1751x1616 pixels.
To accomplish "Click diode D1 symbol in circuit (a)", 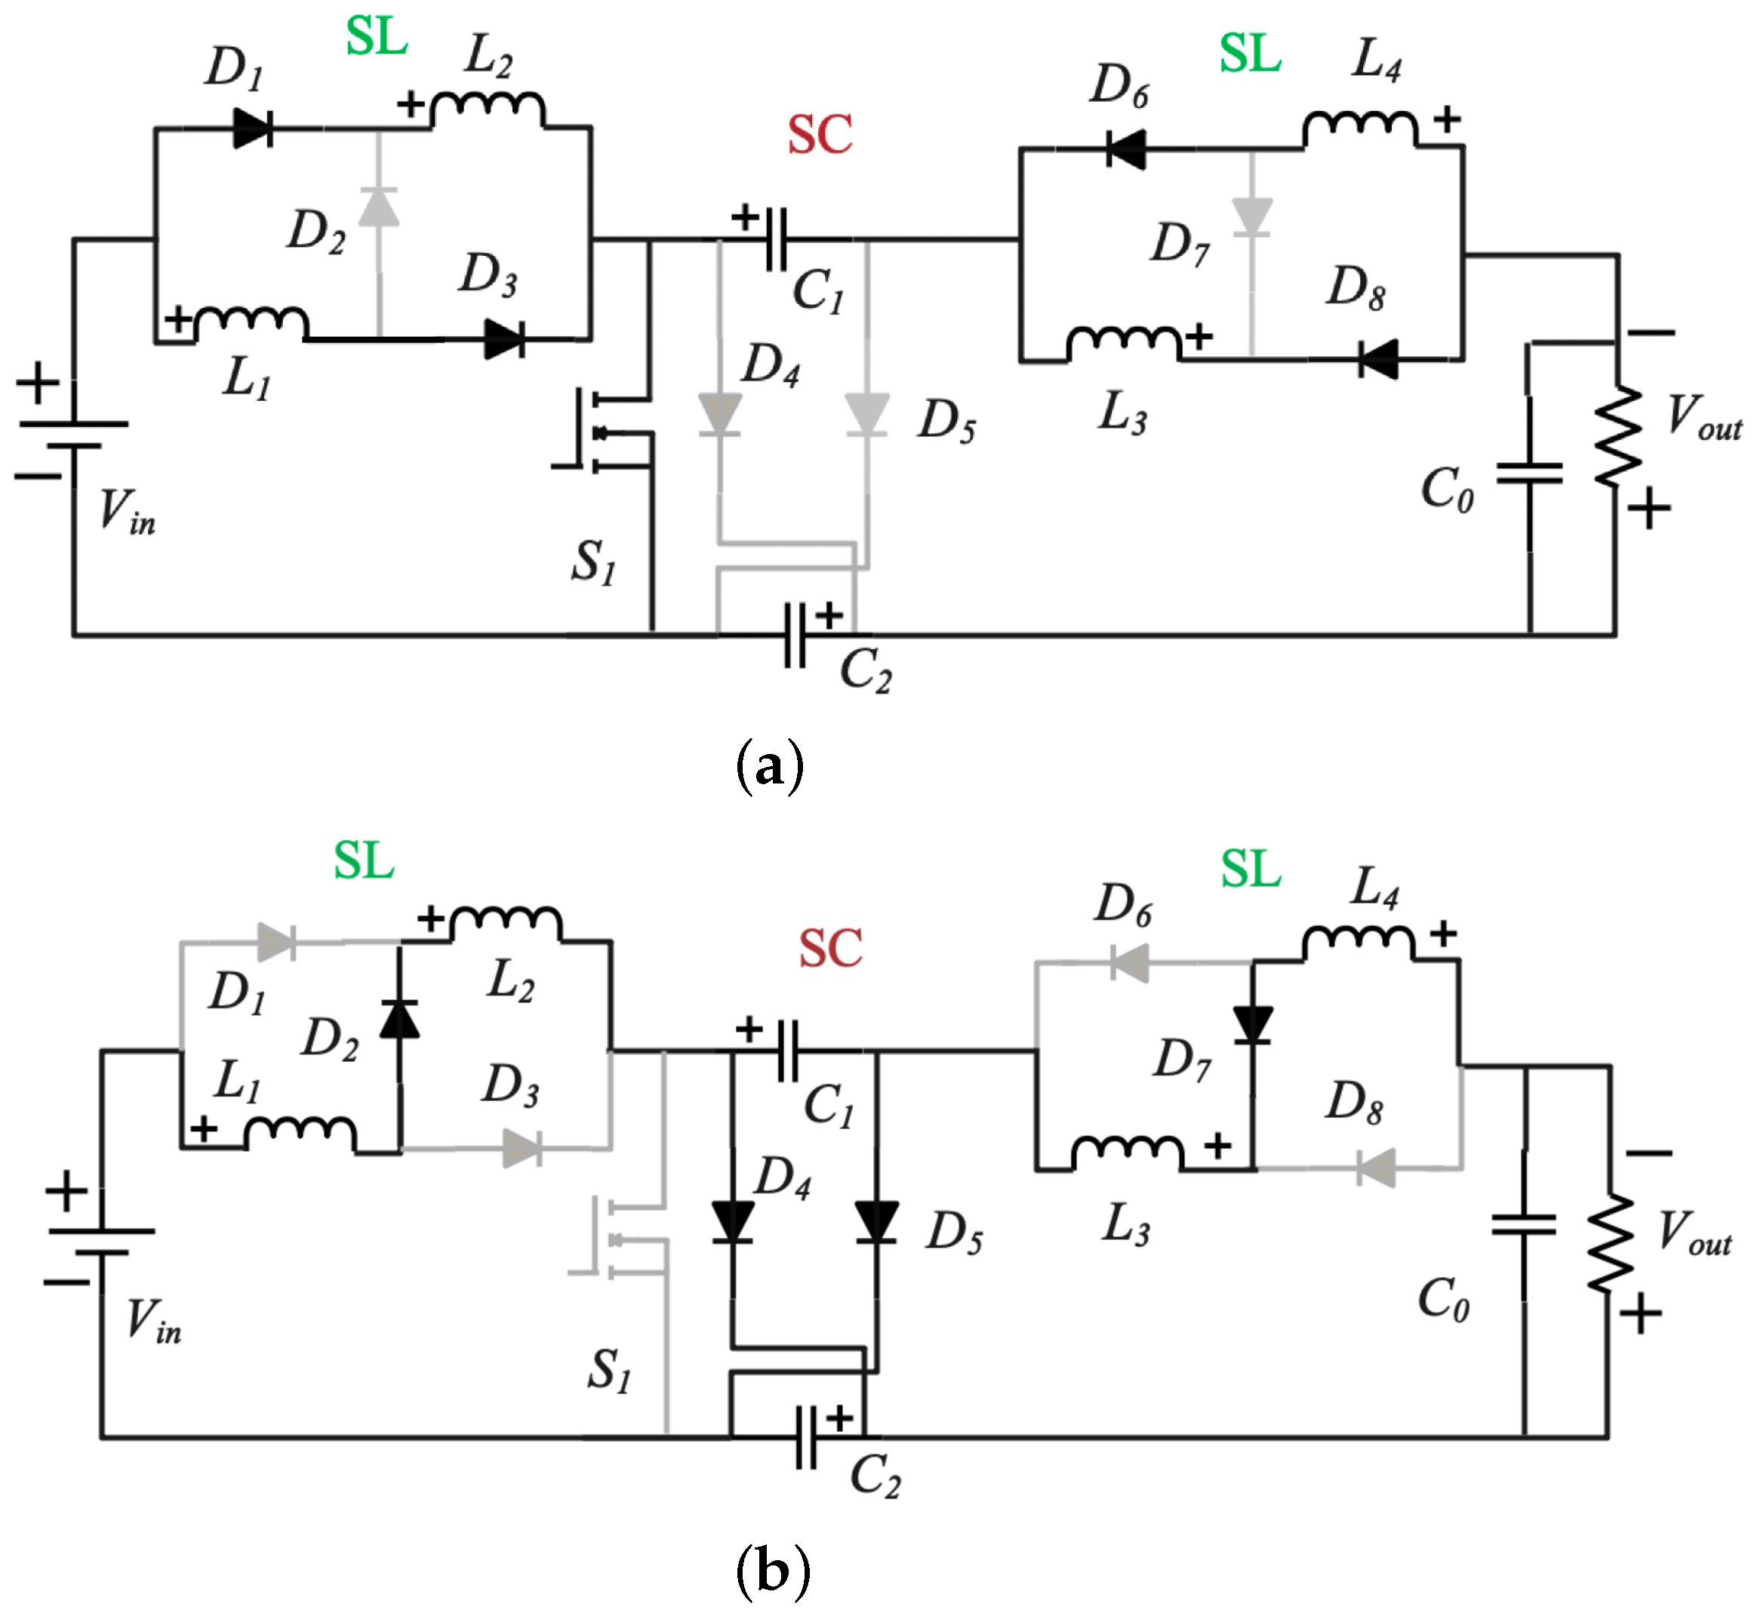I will (x=253, y=128).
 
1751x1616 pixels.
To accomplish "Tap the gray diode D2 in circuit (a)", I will (x=379, y=208).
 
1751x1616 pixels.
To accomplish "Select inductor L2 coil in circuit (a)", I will (x=487, y=109).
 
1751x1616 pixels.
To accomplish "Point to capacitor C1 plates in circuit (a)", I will (x=775, y=239).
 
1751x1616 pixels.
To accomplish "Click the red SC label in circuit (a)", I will (x=819, y=136).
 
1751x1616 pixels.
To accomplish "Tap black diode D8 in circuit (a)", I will (x=1379, y=359).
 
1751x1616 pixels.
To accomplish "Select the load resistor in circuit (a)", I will (x=1617, y=435).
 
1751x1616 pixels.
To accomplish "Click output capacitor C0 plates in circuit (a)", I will (x=1529, y=473).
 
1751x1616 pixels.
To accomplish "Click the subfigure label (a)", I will (x=769, y=767).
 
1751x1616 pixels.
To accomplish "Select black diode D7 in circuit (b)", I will (x=1252, y=1024).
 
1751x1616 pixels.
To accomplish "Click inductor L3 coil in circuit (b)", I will (x=1127, y=1153).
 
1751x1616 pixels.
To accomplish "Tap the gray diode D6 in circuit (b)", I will (x=1128, y=964).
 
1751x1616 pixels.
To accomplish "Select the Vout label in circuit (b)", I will (x=1694, y=1233).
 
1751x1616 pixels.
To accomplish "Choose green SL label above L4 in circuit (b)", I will (x=1250, y=870).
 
